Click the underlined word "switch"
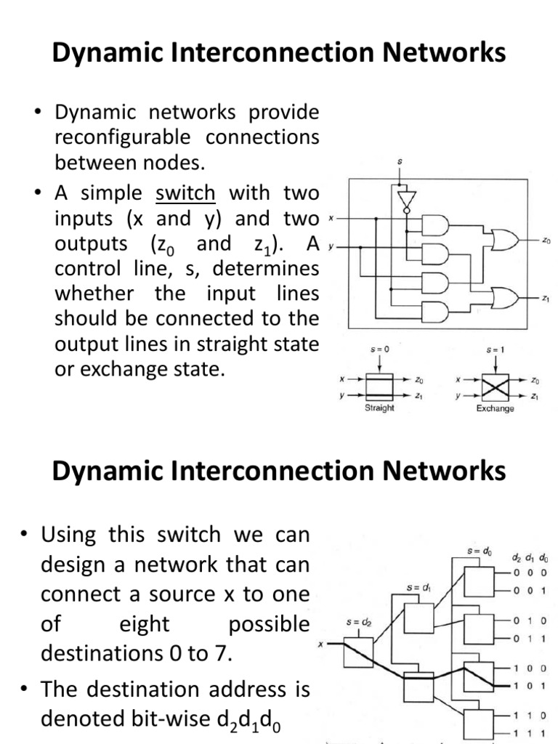tap(185, 194)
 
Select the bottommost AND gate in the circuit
tap(435, 311)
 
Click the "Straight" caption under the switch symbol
tap(379, 408)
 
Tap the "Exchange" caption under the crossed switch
tap(495, 408)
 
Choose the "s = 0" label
tap(379, 349)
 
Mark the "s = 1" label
tap(495, 349)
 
